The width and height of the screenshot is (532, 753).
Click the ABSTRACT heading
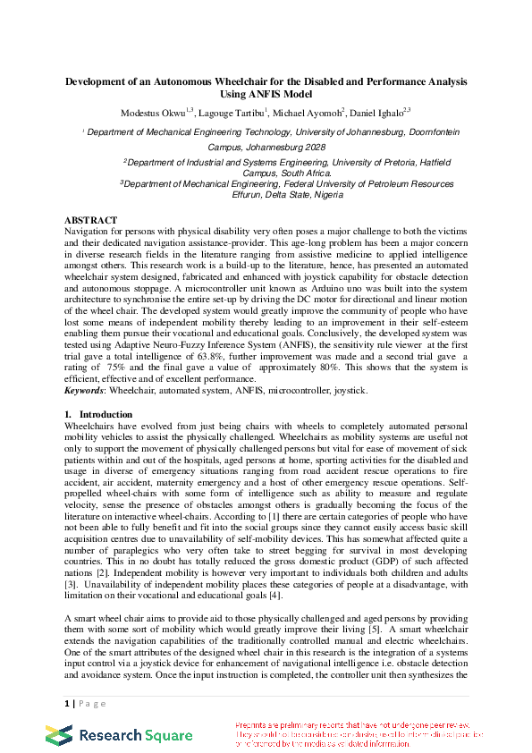click(90, 219)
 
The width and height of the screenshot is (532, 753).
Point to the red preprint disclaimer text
click(358, 733)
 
